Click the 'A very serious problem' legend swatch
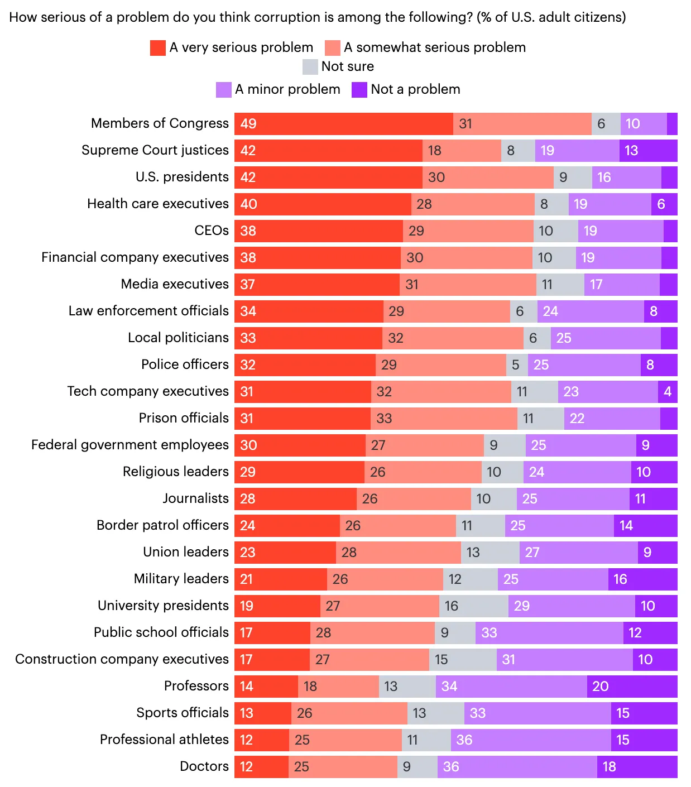point(158,48)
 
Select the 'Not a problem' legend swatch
point(359,90)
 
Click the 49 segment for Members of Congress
point(343,124)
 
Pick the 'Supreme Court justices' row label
point(155,150)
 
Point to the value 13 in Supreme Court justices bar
point(648,151)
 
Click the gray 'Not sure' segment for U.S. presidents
point(573,177)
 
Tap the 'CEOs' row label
point(211,231)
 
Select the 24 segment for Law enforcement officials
point(591,311)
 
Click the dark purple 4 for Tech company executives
point(668,392)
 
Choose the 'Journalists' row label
point(195,498)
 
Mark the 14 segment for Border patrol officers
point(645,526)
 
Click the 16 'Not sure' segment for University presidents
point(473,606)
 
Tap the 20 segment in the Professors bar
point(632,687)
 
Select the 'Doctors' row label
point(204,766)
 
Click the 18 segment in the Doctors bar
point(637,767)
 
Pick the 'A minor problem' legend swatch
point(224,90)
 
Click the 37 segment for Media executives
point(316,285)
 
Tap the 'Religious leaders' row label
point(175,472)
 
